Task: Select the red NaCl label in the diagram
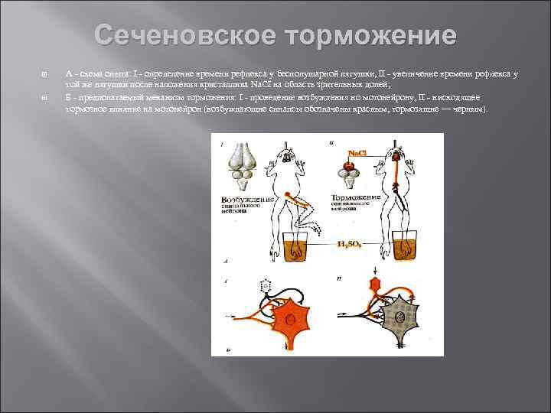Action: (x=357, y=153)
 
